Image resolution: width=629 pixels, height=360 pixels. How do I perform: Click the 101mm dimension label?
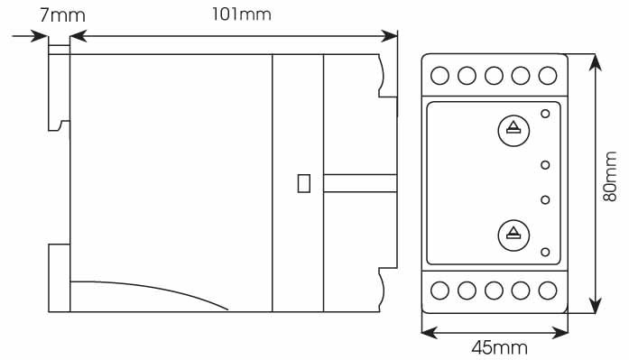[x=241, y=14]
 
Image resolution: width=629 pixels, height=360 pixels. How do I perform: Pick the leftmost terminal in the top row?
[x=440, y=76]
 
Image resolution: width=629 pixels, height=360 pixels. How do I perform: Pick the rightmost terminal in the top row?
[x=547, y=76]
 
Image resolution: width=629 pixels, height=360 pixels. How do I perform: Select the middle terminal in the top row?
[x=494, y=76]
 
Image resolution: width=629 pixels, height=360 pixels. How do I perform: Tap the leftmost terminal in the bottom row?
[x=440, y=291]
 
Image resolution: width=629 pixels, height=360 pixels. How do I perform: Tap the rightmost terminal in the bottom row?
[x=547, y=291]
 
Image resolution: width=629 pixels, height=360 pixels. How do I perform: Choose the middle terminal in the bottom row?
[x=494, y=291]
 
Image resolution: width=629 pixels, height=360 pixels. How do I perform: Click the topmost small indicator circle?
[x=545, y=114]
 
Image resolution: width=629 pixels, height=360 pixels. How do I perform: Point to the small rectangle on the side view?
[x=304, y=182]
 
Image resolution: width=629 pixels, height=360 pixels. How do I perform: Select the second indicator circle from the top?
[x=545, y=164]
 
